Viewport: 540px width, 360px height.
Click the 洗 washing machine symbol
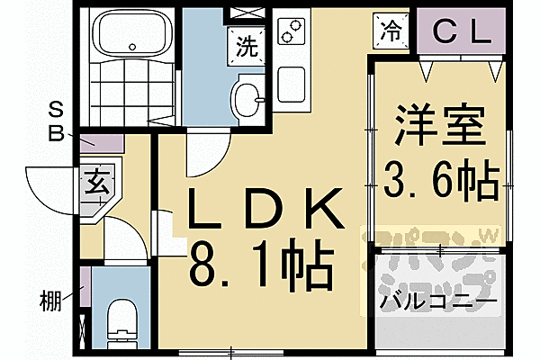(244, 42)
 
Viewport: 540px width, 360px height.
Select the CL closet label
(462, 33)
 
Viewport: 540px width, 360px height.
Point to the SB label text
(56, 123)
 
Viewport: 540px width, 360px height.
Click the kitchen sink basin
(292, 83)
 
